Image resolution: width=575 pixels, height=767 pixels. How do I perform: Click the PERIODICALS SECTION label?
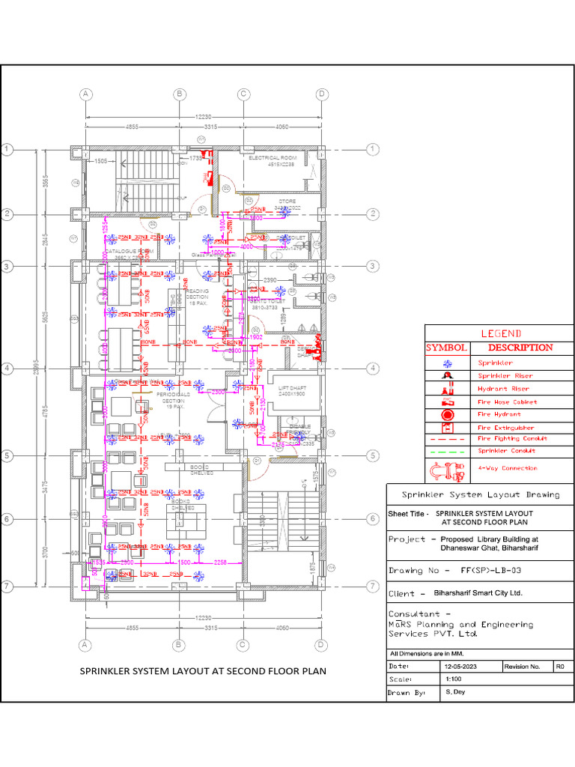[173, 397]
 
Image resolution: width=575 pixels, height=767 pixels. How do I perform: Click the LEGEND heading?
[499, 333]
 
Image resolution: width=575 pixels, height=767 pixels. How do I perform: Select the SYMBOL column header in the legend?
[447, 348]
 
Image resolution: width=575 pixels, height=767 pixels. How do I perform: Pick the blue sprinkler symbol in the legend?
[447, 363]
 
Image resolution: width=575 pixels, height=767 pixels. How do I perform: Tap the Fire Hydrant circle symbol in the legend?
[447, 414]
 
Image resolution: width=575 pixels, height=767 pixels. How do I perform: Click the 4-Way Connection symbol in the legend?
[446, 470]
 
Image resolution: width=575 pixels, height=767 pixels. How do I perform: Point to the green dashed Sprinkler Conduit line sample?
[447, 451]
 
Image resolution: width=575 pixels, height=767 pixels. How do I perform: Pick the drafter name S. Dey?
[454, 692]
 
